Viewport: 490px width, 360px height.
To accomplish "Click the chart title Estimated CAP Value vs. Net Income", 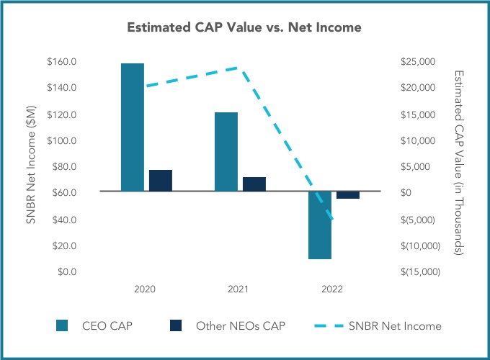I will (x=244, y=28).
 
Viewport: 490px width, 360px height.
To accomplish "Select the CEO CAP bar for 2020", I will (x=132, y=127).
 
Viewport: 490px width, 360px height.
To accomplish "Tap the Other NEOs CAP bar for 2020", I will (x=161, y=181).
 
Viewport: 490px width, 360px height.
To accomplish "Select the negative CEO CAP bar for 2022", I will (x=320, y=225).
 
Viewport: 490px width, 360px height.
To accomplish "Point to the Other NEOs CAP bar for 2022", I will (x=348, y=195).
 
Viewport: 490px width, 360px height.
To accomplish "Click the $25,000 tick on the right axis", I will (x=417, y=62).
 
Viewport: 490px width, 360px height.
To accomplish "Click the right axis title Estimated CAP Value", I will (x=459, y=163).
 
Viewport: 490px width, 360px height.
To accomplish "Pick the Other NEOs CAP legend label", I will (x=241, y=326).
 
